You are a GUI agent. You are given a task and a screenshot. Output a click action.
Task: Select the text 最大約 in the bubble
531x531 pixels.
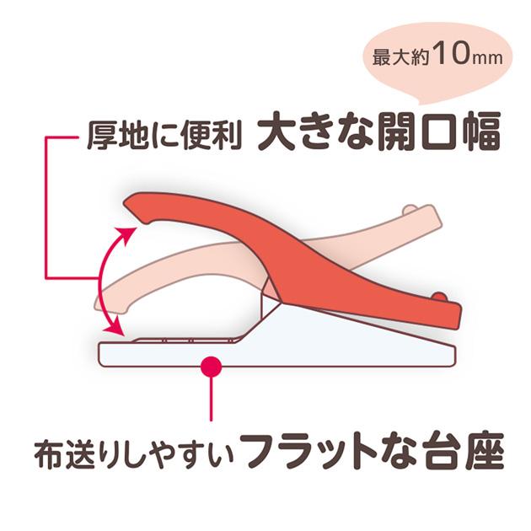point(400,56)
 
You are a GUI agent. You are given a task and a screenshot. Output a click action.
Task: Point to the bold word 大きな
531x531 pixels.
point(315,132)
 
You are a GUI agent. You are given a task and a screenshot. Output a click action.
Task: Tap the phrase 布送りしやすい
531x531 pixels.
point(134,453)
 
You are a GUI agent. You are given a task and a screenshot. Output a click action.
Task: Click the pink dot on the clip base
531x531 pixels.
point(211,366)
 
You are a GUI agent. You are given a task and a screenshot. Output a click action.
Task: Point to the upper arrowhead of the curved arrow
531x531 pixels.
point(128,234)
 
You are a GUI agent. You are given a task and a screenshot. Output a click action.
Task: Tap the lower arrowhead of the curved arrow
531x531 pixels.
point(115,326)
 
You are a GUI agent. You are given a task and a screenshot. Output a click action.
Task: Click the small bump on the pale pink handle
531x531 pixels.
point(410,209)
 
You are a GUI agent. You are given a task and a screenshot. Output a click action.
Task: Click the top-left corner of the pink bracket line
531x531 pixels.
point(46,137)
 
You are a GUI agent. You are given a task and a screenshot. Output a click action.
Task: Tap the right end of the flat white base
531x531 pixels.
point(453,355)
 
